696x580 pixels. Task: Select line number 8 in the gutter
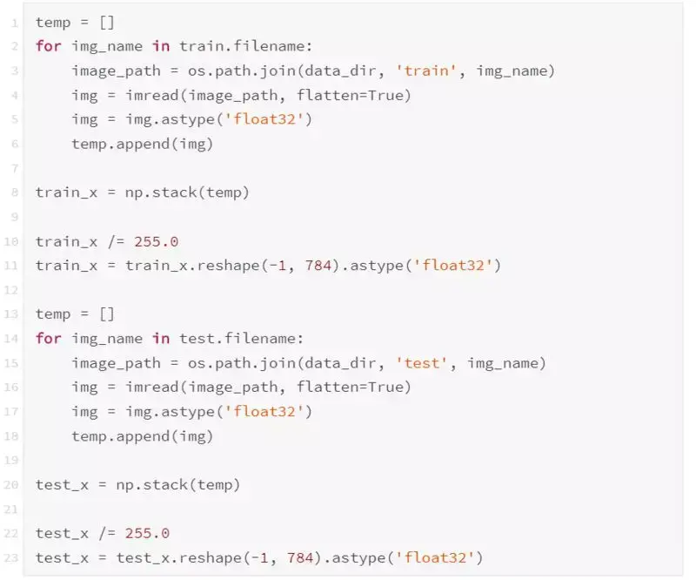[x=16, y=192]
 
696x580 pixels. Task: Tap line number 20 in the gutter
[x=14, y=484]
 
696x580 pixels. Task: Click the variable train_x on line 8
[x=66, y=192]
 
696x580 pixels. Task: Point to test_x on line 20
[x=62, y=484]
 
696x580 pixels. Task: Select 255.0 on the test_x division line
[x=147, y=533]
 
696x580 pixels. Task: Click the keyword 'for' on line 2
[x=49, y=46]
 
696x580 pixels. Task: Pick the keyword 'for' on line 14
[x=49, y=338]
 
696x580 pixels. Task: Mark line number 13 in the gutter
[x=14, y=314]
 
